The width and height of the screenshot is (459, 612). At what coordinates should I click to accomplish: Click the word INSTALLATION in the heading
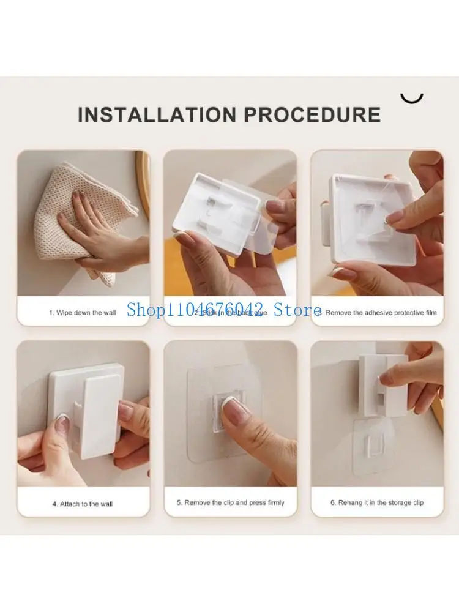[156, 114]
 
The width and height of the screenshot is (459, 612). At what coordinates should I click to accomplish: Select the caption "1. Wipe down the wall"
[83, 313]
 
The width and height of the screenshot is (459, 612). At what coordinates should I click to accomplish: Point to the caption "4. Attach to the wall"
[83, 504]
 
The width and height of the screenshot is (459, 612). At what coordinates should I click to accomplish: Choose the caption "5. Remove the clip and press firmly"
[231, 502]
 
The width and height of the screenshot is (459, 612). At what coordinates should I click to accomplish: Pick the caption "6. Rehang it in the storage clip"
[377, 502]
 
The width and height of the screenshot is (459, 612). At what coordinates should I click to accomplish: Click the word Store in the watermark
[299, 310]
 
